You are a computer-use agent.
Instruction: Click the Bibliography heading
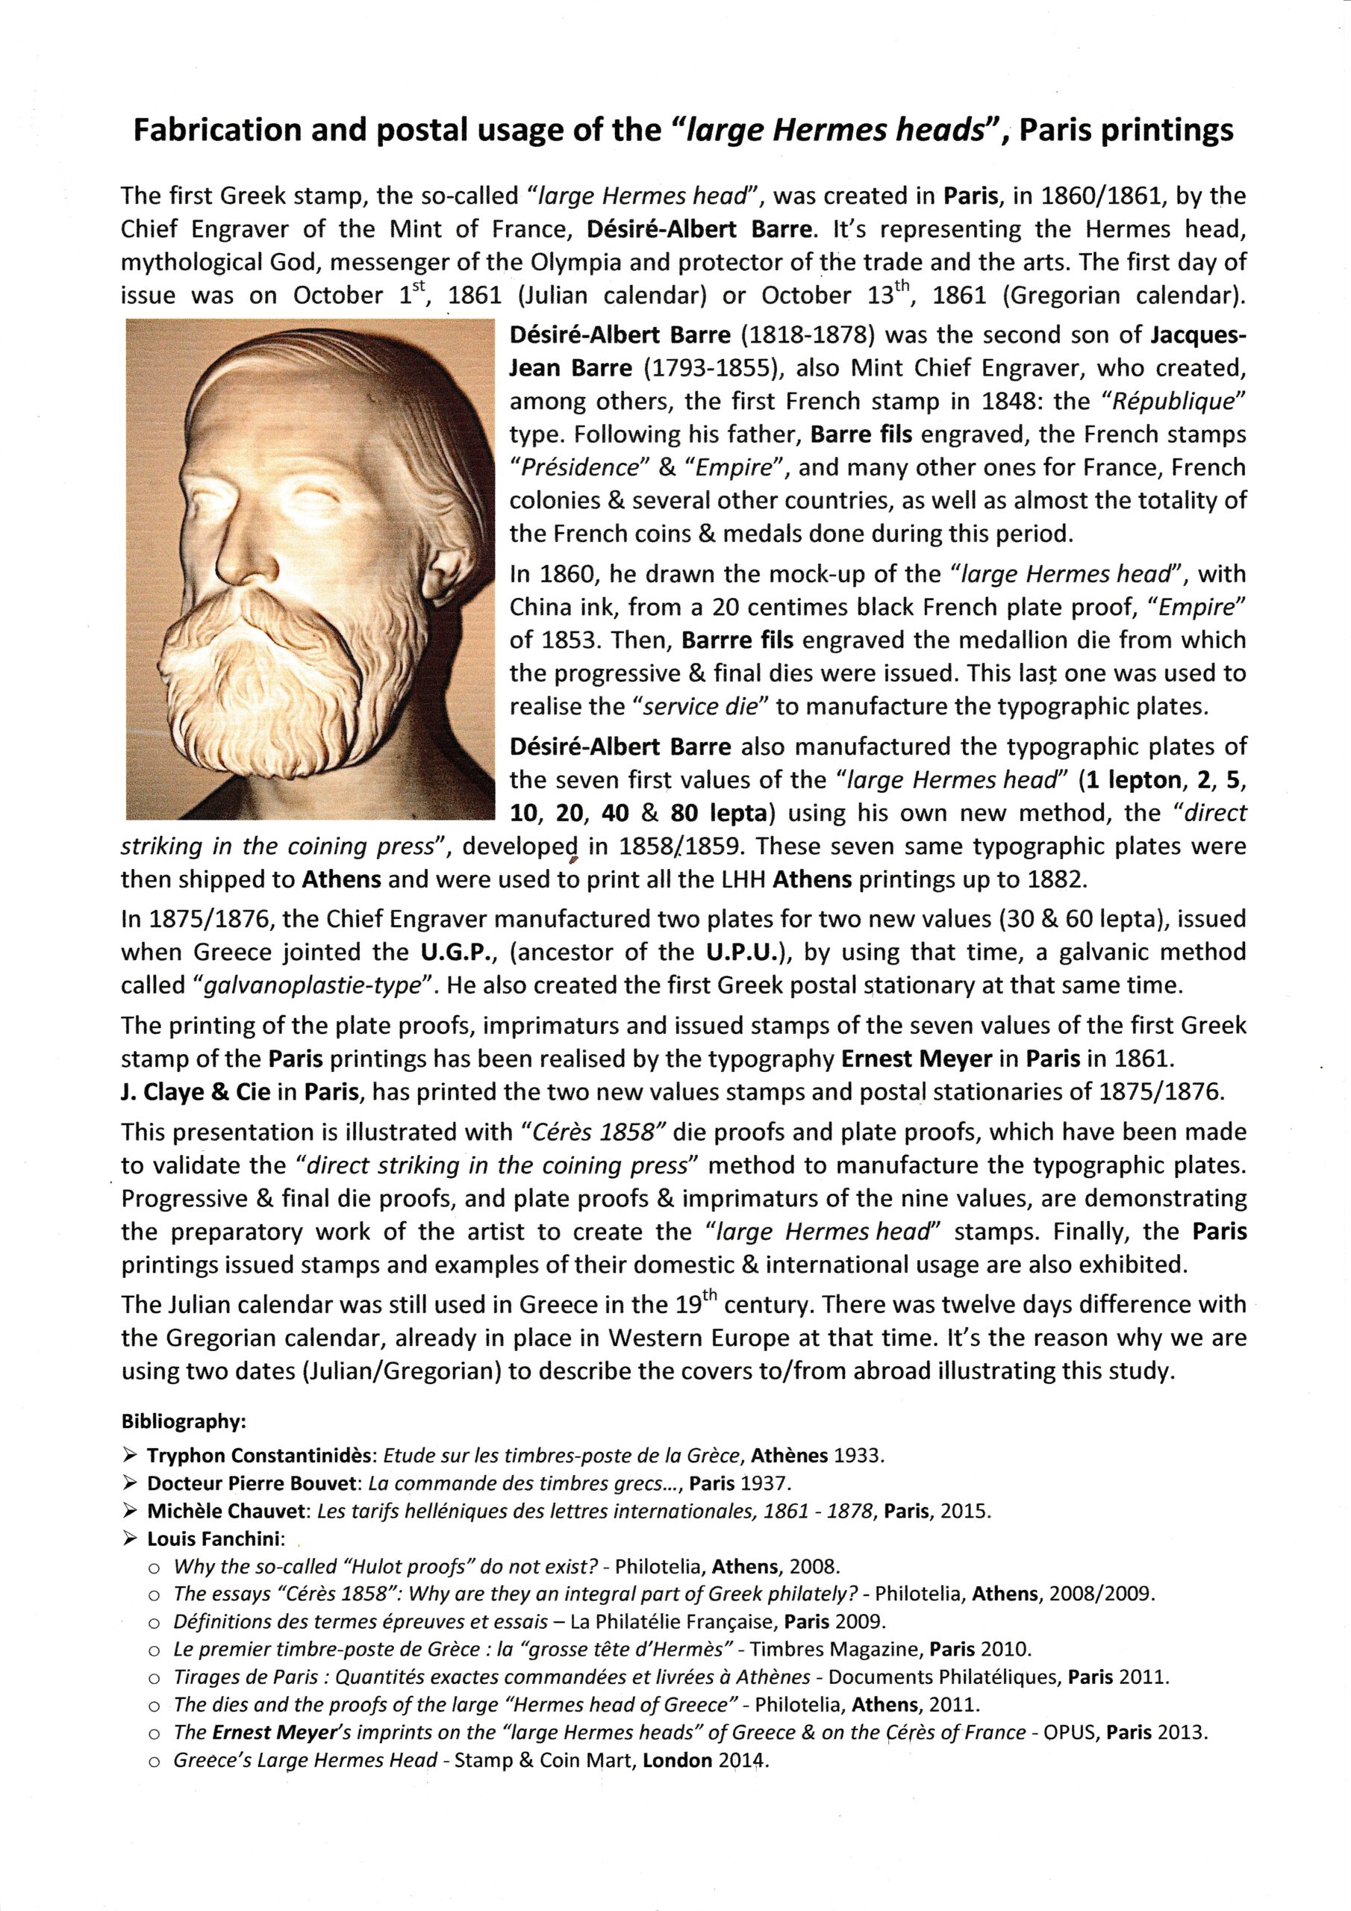pos(183,1421)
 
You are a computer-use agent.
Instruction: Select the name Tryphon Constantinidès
pos(263,1456)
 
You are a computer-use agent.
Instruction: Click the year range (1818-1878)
pos(807,335)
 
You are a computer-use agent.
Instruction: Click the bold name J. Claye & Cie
pos(195,1092)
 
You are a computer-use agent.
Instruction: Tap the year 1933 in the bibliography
pos(858,1456)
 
